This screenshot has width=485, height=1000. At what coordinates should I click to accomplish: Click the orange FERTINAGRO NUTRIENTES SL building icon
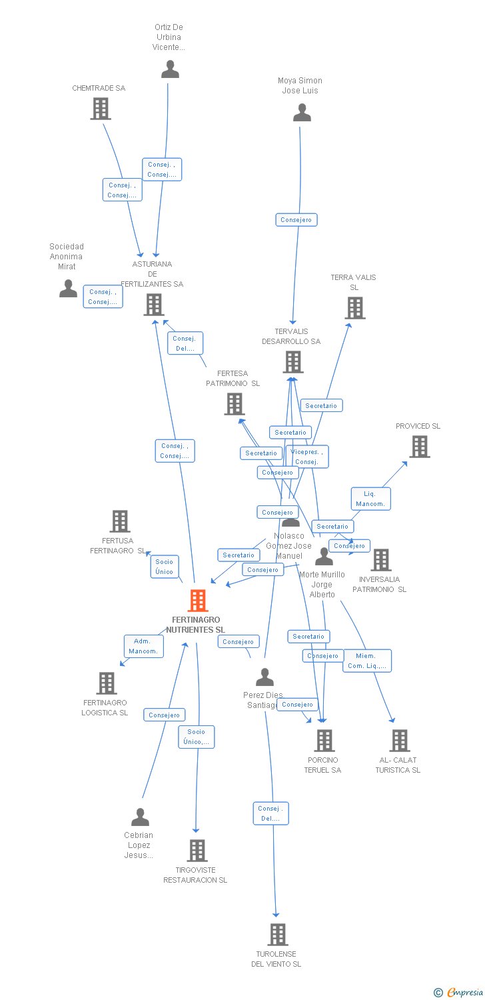point(198,601)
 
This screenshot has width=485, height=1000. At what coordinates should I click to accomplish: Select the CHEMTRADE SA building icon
point(101,109)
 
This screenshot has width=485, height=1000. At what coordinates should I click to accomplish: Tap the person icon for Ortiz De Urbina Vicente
point(171,69)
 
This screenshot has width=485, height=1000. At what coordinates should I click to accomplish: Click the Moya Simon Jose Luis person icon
point(302,113)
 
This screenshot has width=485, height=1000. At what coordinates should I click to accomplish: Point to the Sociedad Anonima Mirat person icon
point(69,288)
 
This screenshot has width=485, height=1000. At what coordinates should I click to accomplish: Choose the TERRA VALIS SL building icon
point(355,308)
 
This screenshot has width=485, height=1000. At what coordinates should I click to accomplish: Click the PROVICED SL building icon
point(419,447)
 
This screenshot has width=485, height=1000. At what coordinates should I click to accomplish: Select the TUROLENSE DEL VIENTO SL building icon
point(278,935)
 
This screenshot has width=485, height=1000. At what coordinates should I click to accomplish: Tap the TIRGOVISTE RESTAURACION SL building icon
point(197,851)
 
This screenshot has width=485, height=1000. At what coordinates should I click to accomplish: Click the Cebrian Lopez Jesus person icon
point(140,817)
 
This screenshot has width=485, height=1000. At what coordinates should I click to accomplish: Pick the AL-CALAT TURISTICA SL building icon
point(399,741)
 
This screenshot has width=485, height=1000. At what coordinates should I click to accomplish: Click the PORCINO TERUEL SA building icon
point(324,741)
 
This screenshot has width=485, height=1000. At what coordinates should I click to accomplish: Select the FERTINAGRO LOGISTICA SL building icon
point(107,683)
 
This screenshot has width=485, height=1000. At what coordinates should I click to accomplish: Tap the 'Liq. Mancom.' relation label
point(370,499)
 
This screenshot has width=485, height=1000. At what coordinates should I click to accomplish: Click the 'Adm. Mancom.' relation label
point(143,646)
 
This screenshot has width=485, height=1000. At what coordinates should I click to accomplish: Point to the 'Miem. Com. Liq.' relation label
point(367,661)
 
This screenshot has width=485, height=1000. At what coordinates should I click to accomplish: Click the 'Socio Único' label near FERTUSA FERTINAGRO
point(164,567)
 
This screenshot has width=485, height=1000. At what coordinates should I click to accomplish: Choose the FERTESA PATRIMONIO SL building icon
point(235,404)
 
